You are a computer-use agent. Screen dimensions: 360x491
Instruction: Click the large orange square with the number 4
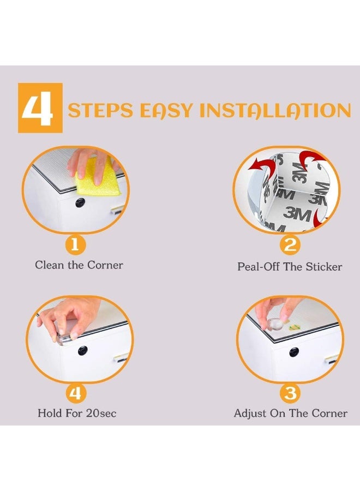pos(40,107)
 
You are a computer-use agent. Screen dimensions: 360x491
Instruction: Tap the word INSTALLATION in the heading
pos(275,110)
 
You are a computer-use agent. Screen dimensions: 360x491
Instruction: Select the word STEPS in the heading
pos(100,110)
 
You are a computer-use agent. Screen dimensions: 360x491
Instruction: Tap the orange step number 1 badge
pos(75,244)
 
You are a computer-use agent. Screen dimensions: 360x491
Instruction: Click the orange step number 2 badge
pos(290,245)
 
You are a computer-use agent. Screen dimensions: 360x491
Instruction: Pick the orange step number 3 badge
pos(290,392)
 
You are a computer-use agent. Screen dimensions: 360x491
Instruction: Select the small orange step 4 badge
pos(75,392)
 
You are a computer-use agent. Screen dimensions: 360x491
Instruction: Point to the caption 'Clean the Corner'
pos(79,265)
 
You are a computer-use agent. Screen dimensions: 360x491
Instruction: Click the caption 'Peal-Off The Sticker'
pos(290,266)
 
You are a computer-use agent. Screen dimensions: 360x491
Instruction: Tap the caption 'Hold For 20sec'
pos(77,413)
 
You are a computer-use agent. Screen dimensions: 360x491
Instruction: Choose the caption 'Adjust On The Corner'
pos(291,413)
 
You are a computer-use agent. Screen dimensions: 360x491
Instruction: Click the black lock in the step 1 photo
pos(80,202)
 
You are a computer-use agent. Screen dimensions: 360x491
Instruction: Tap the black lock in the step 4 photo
pos(83,350)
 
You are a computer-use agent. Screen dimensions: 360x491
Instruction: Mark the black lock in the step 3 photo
pos(294,352)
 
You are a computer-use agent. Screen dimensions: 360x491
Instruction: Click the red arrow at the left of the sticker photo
pos(260,165)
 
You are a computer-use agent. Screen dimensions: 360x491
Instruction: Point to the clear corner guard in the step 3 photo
pos(275,324)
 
